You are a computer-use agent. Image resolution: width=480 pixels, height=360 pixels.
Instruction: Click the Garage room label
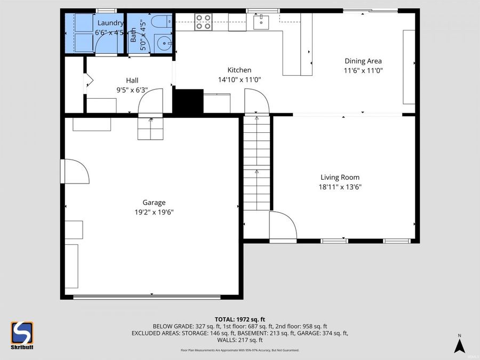(x=154, y=202)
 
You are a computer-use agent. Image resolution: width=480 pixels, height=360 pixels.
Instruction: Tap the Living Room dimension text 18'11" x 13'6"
(x=340, y=187)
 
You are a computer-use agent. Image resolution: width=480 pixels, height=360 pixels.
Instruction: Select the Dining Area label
(x=363, y=61)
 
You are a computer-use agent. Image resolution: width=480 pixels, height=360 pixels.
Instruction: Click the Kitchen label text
(x=239, y=70)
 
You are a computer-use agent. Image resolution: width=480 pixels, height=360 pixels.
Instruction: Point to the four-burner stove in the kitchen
(x=203, y=22)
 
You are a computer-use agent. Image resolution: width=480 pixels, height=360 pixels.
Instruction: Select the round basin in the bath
(x=162, y=43)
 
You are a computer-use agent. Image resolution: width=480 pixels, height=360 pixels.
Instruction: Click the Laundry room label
(x=110, y=23)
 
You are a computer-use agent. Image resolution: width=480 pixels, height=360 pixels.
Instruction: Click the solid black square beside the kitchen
(x=188, y=101)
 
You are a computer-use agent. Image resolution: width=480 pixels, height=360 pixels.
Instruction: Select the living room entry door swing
(x=283, y=225)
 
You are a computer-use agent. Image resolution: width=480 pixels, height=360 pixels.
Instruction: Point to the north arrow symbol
(x=459, y=345)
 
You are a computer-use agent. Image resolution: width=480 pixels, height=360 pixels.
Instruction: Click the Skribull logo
(x=22, y=335)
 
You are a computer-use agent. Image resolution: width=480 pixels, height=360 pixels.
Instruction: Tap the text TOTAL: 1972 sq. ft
(x=240, y=318)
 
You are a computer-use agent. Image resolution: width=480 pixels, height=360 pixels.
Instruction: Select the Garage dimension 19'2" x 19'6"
(x=154, y=212)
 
